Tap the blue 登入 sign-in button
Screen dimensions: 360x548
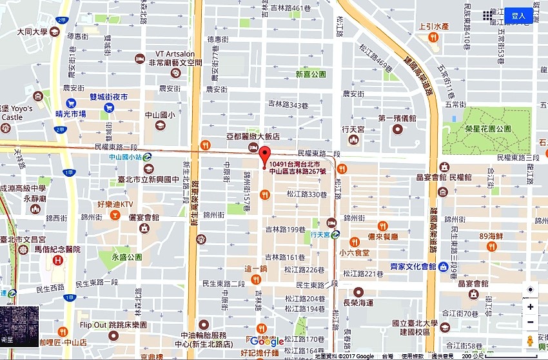click(518, 15)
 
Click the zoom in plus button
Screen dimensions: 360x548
click(530, 306)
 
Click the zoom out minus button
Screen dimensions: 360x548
click(530, 322)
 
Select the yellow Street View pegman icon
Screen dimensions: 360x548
click(530, 340)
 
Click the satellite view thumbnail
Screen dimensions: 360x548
click(19, 326)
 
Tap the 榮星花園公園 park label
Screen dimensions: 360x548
click(488, 128)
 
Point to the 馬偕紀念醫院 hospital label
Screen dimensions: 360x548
click(58, 249)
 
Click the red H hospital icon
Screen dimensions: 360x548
click(59, 261)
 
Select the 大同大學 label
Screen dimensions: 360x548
click(33, 30)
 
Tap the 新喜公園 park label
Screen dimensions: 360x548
click(311, 74)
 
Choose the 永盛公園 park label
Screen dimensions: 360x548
click(126, 257)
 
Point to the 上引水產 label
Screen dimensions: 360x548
click(433, 27)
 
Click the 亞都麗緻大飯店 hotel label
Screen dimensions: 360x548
click(253, 137)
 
